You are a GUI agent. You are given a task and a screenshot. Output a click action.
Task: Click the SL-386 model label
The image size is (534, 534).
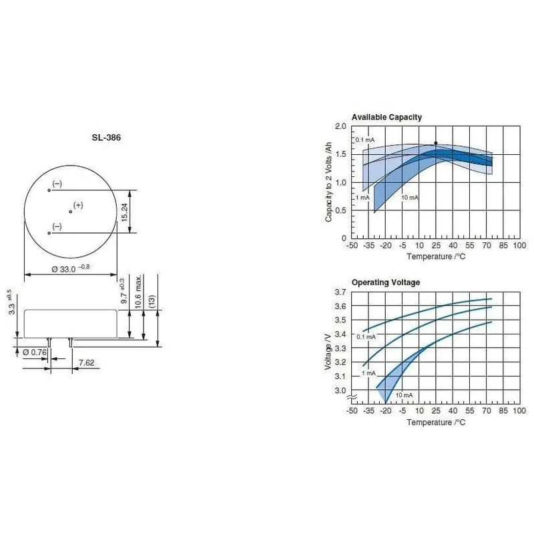click(x=106, y=138)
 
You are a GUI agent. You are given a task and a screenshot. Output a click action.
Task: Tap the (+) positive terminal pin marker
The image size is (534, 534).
click(x=71, y=212)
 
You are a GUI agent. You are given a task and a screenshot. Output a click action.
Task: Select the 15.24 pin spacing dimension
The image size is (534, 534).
click(x=124, y=212)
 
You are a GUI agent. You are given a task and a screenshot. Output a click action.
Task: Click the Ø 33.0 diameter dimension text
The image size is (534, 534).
click(x=71, y=269)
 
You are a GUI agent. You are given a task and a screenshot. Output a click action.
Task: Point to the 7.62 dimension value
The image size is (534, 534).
click(x=86, y=362)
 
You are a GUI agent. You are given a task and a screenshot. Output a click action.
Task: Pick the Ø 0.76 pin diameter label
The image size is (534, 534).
click(x=35, y=352)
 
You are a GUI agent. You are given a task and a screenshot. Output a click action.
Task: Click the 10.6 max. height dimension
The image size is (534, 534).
click(x=138, y=292)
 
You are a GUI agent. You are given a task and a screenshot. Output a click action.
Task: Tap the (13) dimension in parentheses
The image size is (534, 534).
click(x=152, y=301)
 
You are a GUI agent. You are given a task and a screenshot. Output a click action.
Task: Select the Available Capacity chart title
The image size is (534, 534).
click(x=386, y=117)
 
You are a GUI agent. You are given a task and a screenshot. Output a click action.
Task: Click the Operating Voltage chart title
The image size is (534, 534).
click(x=386, y=282)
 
